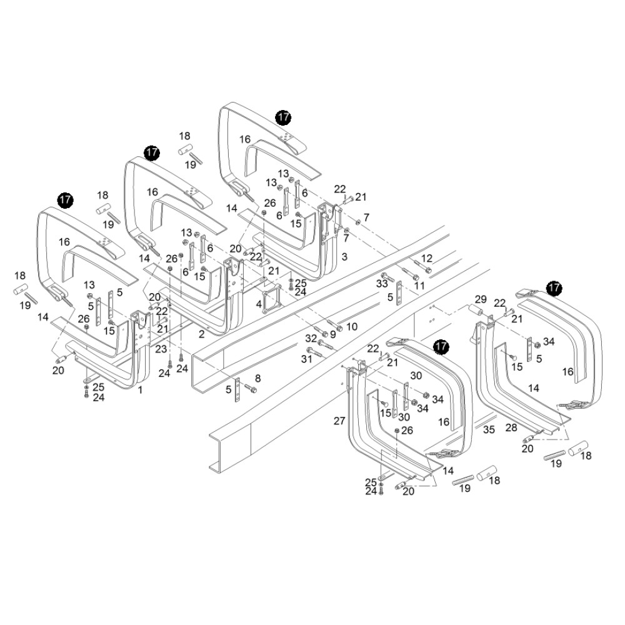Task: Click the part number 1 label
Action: (141, 389)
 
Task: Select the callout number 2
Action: (201, 335)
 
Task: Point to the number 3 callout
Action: (344, 257)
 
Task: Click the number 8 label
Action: (257, 378)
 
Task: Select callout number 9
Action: (332, 334)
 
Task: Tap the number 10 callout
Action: (351, 326)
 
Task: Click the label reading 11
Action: (419, 285)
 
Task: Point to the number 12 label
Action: (427, 258)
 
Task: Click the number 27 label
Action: (339, 421)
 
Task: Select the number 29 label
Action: (481, 299)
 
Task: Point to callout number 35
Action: (489, 430)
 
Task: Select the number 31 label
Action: (306, 359)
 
